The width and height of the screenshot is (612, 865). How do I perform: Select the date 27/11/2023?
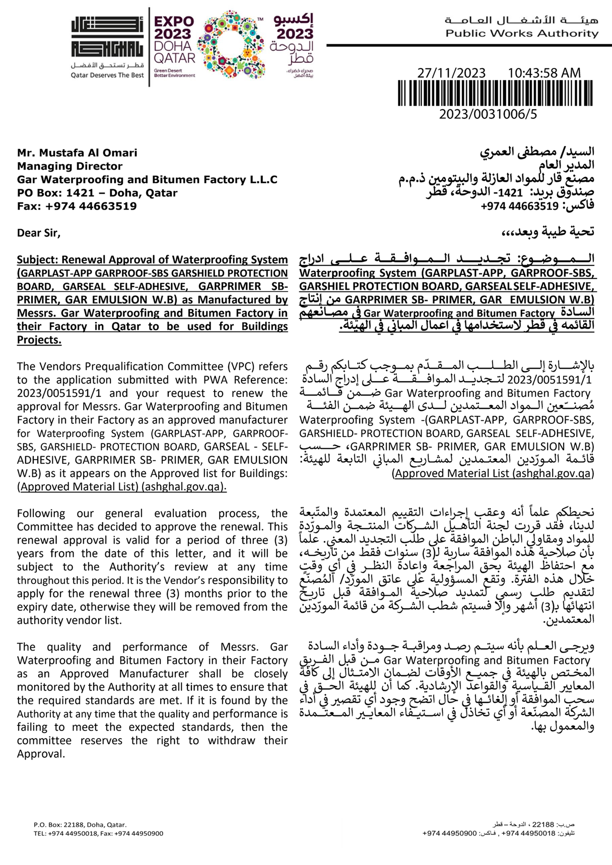(x=451, y=73)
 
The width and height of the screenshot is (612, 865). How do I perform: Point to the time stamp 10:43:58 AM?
(x=544, y=73)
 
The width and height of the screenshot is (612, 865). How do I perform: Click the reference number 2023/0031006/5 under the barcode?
(x=488, y=114)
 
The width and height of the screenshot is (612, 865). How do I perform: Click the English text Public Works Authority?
(x=522, y=34)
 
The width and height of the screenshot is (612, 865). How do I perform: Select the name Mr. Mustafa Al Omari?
(x=77, y=153)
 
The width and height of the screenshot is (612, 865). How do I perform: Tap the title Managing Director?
(x=70, y=166)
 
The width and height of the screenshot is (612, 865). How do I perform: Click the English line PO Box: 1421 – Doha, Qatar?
(x=97, y=193)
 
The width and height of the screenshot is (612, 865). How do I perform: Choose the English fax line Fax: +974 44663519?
(x=77, y=206)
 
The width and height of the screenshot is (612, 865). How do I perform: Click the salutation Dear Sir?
(x=38, y=233)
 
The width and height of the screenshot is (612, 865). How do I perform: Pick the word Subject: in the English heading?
(x=37, y=260)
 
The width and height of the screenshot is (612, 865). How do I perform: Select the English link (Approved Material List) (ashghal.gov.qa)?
(x=121, y=487)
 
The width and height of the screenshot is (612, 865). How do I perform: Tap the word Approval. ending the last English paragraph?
(x=41, y=754)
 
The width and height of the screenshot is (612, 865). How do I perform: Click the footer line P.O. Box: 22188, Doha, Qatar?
(x=80, y=825)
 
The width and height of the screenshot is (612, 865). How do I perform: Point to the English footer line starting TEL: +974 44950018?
(x=98, y=833)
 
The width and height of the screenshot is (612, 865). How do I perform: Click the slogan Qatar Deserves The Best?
(x=107, y=76)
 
